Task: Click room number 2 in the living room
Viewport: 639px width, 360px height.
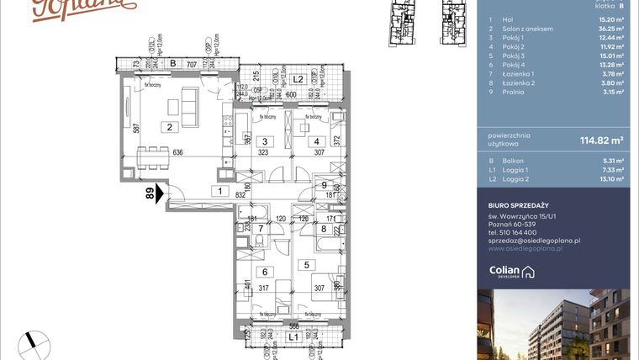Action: (169, 128)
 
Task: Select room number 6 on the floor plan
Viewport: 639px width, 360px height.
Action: (264, 272)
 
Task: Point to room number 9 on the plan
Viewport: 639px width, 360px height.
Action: (324, 184)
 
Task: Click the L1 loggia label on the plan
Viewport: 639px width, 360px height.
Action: (293, 337)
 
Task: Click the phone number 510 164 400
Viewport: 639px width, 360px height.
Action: (520, 232)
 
